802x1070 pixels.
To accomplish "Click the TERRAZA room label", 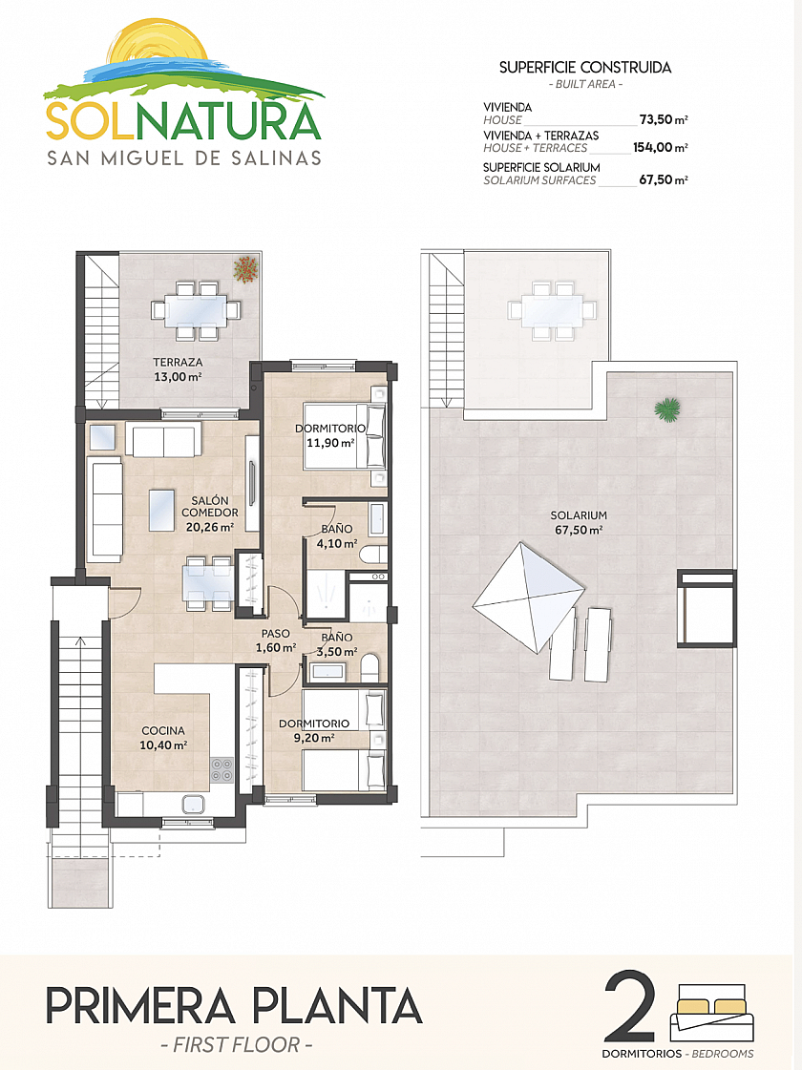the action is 178,363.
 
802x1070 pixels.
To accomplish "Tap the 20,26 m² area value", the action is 209,527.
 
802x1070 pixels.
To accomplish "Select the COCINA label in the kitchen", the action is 163,731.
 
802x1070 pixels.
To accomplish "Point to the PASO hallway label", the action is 276,634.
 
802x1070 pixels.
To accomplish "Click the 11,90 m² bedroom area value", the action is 330,443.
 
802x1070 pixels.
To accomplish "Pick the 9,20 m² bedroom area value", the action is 314,738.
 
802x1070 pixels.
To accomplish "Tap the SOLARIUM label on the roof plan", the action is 579,515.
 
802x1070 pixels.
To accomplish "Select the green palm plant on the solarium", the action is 666,409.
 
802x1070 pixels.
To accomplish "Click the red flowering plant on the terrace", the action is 245,269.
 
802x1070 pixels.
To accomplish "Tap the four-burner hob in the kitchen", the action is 222,770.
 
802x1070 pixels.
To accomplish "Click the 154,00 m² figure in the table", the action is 660,147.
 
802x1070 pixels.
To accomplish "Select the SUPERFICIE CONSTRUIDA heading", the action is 585,68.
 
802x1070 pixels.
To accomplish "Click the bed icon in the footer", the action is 712,1014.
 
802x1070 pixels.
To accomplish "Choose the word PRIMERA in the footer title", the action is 140,1006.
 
